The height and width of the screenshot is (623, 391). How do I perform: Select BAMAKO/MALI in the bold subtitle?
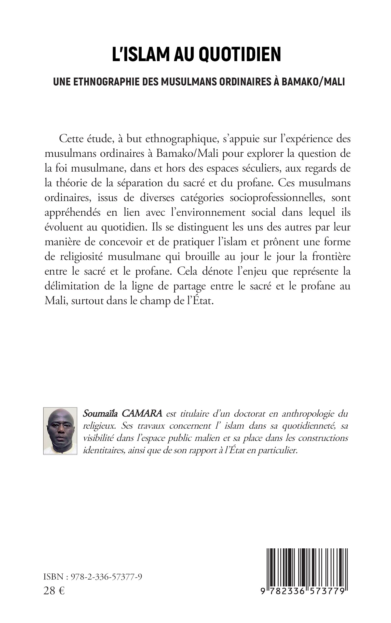click(x=313, y=81)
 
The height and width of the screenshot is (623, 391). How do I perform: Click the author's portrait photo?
click(x=60, y=431)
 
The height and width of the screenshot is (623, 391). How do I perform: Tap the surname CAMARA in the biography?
click(x=142, y=414)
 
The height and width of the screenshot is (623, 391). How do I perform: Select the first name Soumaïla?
click(x=100, y=414)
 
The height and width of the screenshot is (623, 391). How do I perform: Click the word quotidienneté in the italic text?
click(x=309, y=426)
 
